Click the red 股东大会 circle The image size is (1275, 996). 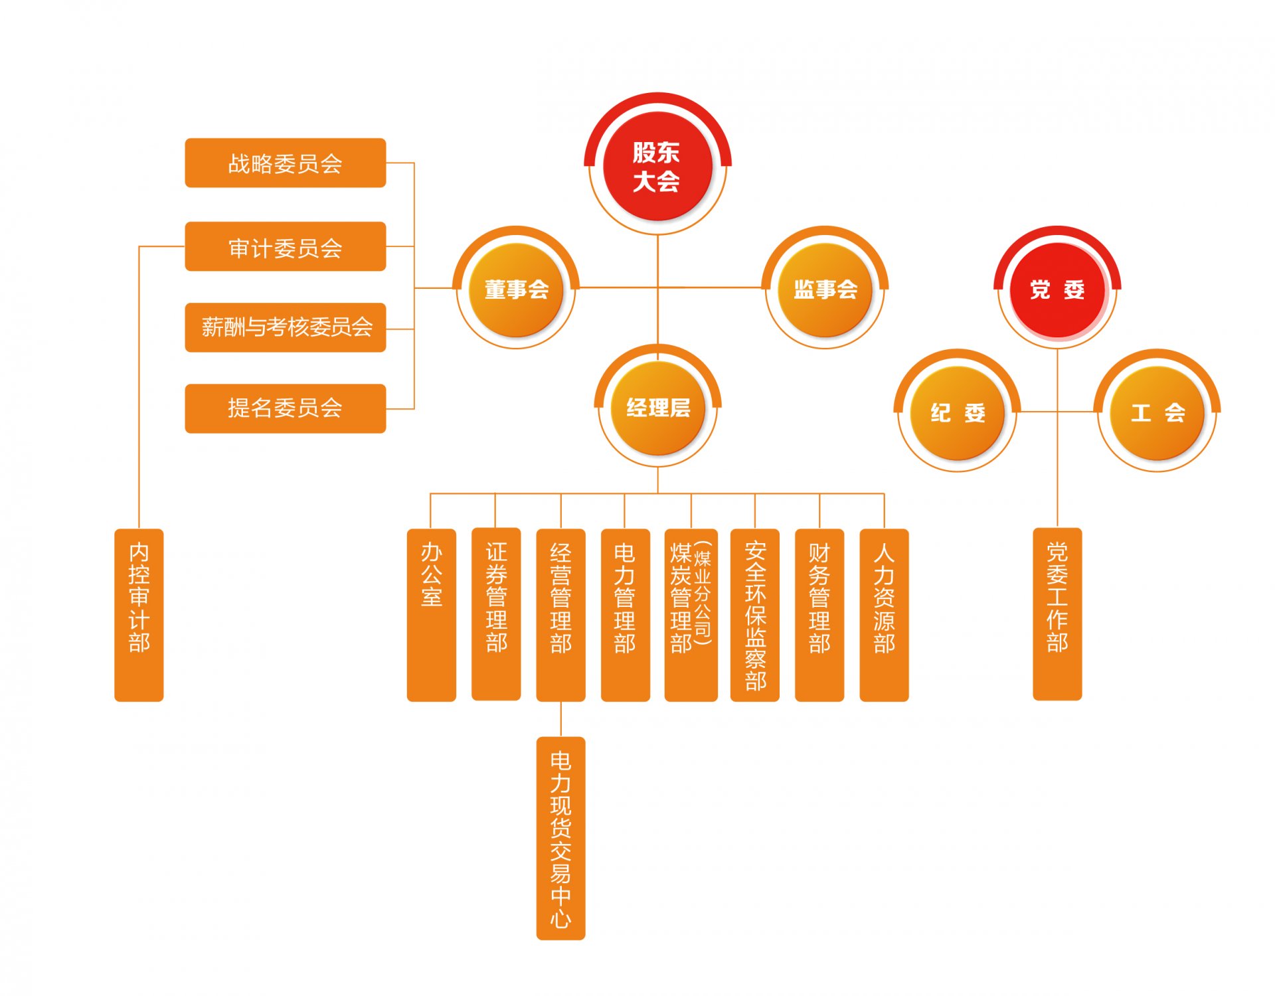tap(657, 166)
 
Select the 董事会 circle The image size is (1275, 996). tap(516, 290)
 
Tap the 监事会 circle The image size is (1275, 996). tap(825, 290)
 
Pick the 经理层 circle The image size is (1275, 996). tap(657, 408)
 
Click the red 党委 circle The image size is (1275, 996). tap(1057, 290)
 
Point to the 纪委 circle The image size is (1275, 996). tap(957, 413)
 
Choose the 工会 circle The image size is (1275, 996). tap(1157, 413)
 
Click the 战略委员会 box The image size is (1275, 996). tap(286, 163)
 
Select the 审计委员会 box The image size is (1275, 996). tap(286, 246)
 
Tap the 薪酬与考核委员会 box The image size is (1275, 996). tap(286, 327)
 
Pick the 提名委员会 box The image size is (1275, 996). tap(286, 408)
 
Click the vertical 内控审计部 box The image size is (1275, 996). tap(139, 615)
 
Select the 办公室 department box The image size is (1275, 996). tap(432, 615)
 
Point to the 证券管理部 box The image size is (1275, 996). tap(496, 614)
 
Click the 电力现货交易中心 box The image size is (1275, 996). tap(561, 839)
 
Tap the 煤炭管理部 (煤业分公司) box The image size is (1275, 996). tap(691, 615)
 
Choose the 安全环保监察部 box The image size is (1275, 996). tap(755, 615)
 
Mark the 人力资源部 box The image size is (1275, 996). tap(885, 615)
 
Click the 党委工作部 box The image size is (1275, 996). tap(1058, 614)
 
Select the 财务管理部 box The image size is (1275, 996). tap(819, 615)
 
